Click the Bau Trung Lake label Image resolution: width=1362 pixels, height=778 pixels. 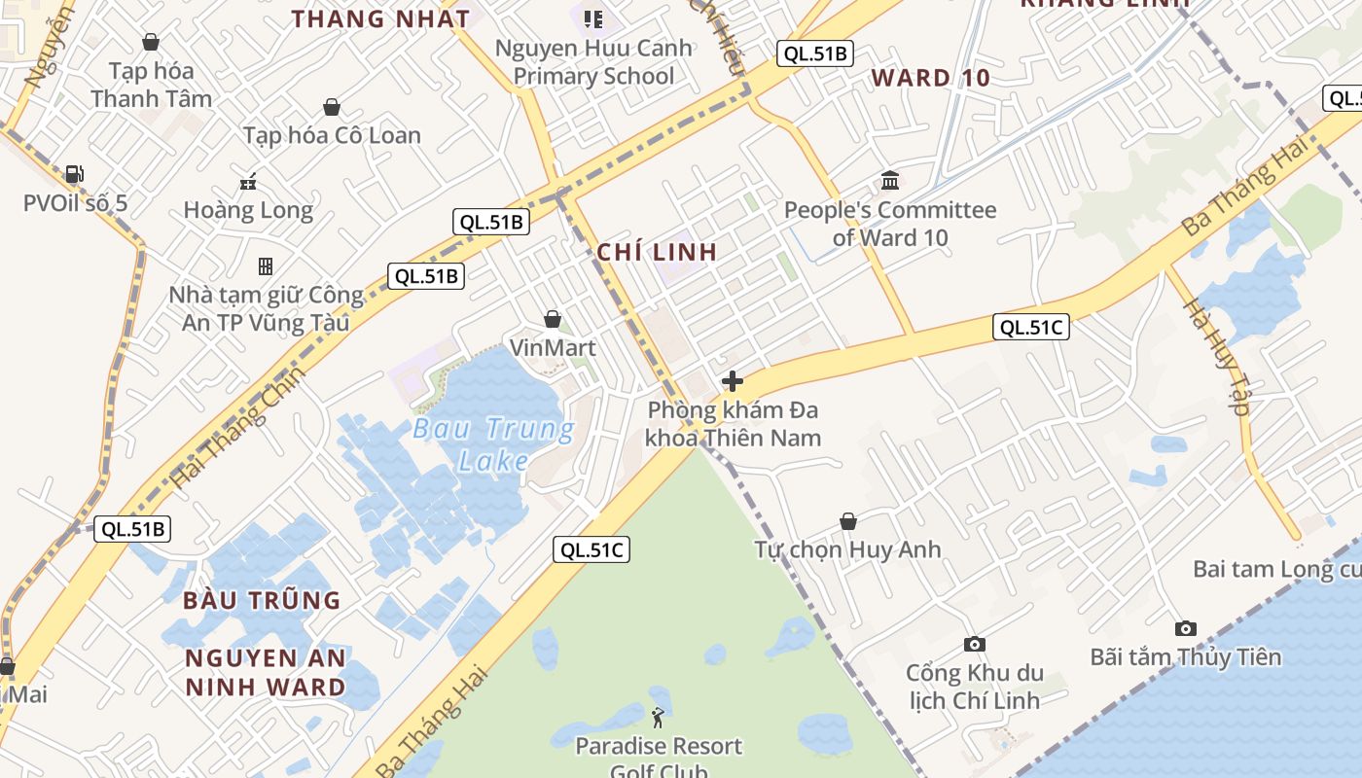pyautogui.click(x=493, y=443)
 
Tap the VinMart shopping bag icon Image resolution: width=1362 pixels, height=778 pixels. pyautogui.click(x=553, y=319)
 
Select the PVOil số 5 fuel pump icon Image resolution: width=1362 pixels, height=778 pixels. pyautogui.click(x=74, y=174)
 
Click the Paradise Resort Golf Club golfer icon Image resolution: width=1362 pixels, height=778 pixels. pyautogui.click(x=659, y=718)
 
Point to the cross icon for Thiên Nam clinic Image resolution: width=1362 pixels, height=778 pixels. pyautogui.click(x=733, y=381)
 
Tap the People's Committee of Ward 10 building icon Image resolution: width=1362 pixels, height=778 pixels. pyautogui.click(x=890, y=180)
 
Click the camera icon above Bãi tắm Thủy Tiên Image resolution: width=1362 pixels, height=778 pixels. pyautogui.click(x=1185, y=628)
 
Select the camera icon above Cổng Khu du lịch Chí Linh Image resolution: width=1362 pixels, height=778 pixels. pyautogui.click(x=974, y=644)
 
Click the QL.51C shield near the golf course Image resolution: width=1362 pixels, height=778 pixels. pyautogui.click(x=592, y=549)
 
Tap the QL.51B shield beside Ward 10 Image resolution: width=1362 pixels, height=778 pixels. pyautogui.click(x=815, y=53)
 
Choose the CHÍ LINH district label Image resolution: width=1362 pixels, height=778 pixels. pyautogui.click(x=657, y=252)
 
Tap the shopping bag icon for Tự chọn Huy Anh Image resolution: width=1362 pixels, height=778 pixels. pyautogui.click(x=848, y=521)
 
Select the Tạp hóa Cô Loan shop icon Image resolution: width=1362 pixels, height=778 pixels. pyautogui.click(x=332, y=106)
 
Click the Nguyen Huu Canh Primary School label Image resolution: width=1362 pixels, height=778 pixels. pyautogui.click(x=593, y=61)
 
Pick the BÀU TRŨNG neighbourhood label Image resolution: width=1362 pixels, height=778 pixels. pyautogui.click(x=263, y=600)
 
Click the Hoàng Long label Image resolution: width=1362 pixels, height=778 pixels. pyautogui.click(x=248, y=209)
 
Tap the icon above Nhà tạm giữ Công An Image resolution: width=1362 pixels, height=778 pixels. pyautogui.click(x=265, y=265)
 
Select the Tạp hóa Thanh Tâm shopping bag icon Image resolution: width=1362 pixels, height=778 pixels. pyautogui.click(x=151, y=42)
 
